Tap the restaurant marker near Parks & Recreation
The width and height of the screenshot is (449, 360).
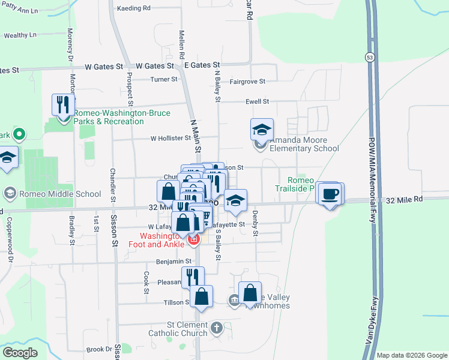point(63,105)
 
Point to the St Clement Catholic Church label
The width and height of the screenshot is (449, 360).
point(188,328)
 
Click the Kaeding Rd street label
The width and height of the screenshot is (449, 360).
point(133,8)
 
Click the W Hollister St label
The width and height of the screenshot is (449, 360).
point(170,138)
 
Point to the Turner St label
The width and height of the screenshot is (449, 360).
point(164,79)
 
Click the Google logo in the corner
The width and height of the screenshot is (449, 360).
point(20,353)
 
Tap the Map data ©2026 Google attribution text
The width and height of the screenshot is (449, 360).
point(411,355)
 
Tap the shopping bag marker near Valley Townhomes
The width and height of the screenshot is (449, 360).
point(250,293)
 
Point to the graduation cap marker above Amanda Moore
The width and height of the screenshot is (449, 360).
point(262,129)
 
